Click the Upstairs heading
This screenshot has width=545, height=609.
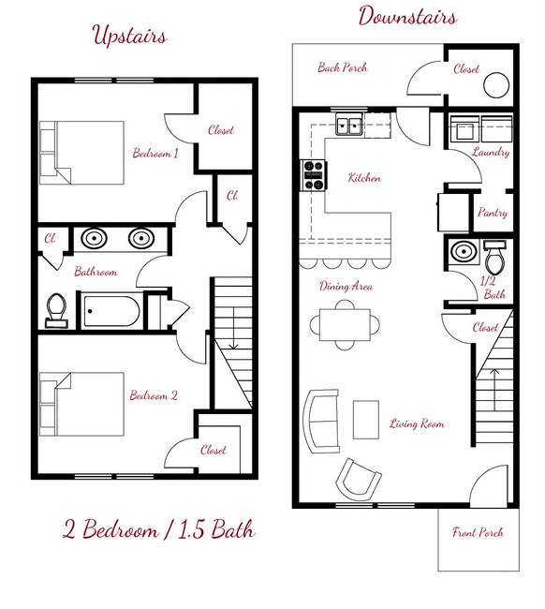coord(129,37)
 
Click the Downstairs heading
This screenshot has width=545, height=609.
coord(407,18)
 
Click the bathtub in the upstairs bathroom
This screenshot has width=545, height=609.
coord(111,310)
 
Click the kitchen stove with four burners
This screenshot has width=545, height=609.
coord(313,175)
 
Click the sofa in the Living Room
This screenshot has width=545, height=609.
coord(322,421)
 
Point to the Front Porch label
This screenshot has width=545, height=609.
coord(478,533)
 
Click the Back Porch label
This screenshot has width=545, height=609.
coord(342,67)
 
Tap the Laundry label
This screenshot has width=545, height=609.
coord(491,153)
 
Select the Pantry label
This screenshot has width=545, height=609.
coord(492,214)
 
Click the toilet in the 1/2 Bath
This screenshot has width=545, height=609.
coord(495,253)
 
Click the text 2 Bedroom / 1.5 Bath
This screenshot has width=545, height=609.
coord(158,529)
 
